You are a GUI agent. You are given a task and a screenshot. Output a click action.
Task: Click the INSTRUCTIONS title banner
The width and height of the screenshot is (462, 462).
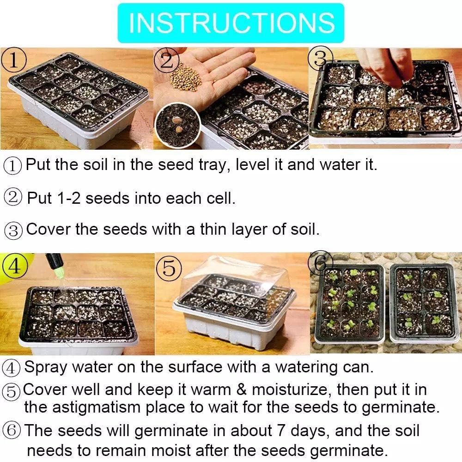(x=231, y=23)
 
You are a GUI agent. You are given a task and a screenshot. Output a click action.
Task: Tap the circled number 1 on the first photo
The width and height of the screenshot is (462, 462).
(x=14, y=60)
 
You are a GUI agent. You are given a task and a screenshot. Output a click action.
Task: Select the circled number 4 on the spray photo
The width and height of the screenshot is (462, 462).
(x=15, y=266)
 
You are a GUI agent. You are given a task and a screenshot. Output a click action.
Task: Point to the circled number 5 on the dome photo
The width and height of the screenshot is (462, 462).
(x=169, y=268)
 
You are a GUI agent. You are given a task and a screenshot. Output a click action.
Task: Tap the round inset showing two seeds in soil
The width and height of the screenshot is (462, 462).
(x=178, y=125)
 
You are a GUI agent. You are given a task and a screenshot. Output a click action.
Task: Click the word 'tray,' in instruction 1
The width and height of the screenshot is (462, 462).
(x=214, y=165)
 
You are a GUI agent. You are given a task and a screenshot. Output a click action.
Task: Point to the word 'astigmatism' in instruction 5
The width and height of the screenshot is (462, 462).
(x=96, y=407)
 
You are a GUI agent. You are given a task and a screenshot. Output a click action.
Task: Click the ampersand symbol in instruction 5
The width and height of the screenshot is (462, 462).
(x=241, y=389)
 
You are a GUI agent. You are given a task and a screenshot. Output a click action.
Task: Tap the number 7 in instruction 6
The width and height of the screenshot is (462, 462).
(x=281, y=431)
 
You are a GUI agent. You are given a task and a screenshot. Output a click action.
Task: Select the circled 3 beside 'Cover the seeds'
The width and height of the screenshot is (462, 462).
(x=13, y=230)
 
